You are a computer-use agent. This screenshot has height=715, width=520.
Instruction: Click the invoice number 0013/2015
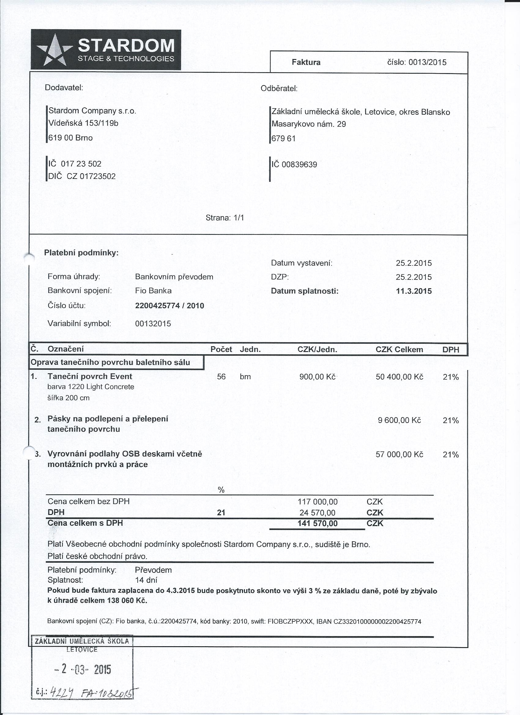click(x=427, y=62)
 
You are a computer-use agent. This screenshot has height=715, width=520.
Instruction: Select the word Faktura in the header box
click(x=306, y=62)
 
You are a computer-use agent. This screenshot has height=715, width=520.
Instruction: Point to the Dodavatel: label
click(x=64, y=88)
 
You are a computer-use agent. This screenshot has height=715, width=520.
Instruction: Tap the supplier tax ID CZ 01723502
click(x=91, y=176)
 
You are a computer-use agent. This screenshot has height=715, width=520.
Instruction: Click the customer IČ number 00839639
click(x=299, y=165)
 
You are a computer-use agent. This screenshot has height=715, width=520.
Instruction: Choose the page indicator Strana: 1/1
click(x=225, y=218)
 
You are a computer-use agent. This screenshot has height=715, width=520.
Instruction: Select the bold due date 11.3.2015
click(x=414, y=291)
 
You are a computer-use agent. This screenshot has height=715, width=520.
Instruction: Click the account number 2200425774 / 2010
click(x=169, y=306)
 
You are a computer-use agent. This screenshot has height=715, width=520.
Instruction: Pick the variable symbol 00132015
click(x=153, y=324)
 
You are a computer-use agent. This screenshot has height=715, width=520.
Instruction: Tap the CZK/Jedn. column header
click(x=317, y=349)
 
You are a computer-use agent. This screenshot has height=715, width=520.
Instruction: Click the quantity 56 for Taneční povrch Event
click(x=221, y=377)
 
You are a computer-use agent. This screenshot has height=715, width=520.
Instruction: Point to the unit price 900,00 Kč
click(x=317, y=377)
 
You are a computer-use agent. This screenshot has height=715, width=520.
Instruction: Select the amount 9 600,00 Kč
click(x=399, y=420)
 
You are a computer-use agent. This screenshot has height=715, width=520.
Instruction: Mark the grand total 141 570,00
click(x=317, y=524)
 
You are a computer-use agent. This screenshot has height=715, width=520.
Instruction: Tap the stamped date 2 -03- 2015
click(x=83, y=669)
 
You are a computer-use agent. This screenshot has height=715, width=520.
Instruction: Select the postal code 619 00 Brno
click(x=70, y=138)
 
